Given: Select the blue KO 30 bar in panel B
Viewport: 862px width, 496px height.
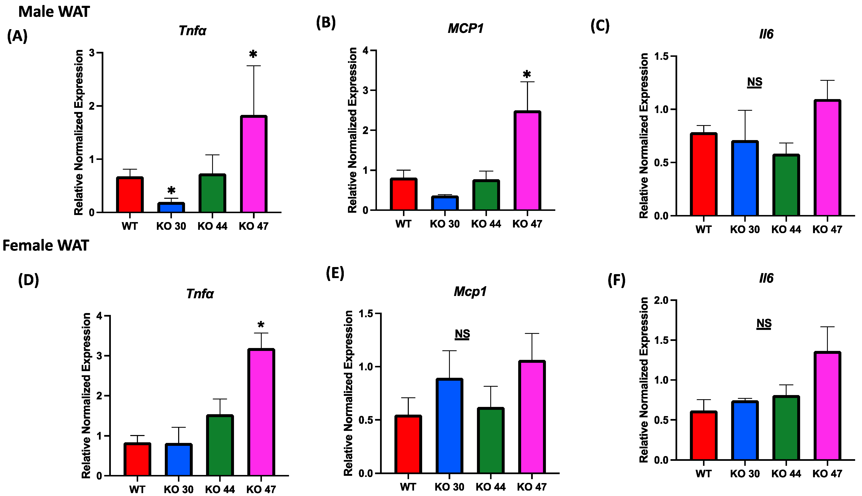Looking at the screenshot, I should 445,203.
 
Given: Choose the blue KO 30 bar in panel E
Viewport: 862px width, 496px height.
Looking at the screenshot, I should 449,426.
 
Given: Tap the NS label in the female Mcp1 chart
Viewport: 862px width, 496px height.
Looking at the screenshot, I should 462,334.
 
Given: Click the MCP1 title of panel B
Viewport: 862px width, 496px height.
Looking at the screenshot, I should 466,29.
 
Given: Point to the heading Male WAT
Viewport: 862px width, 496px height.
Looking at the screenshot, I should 54,12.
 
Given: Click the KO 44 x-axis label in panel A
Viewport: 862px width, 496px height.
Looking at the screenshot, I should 213,226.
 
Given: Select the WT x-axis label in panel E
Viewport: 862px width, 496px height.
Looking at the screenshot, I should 408,487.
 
